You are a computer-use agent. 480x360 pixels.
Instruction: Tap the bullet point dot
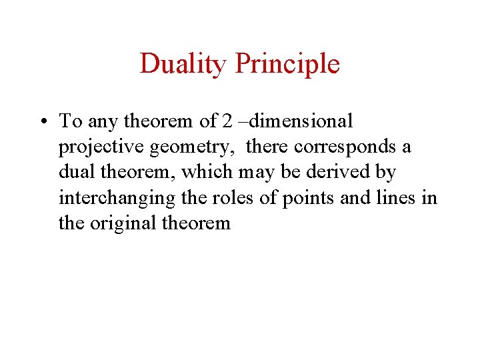(x=42, y=122)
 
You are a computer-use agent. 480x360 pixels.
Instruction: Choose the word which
(x=205, y=172)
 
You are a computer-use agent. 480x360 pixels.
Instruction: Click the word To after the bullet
(x=71, y=121)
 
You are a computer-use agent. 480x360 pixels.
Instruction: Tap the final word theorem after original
(x=197, y=223)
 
